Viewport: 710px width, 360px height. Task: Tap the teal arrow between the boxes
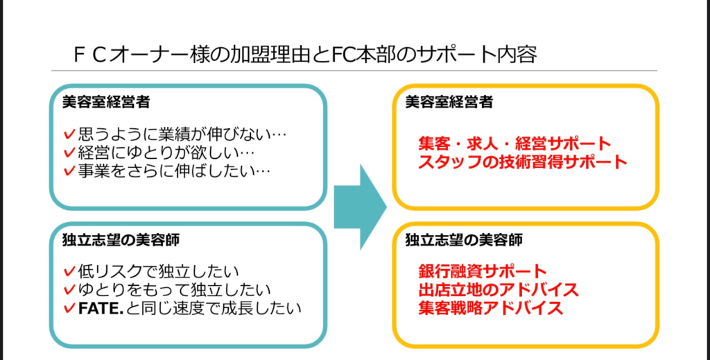358,207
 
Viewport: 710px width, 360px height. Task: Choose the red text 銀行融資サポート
483,271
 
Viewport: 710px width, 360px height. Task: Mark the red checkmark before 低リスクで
68,271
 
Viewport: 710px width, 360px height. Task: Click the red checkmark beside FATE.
68,307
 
